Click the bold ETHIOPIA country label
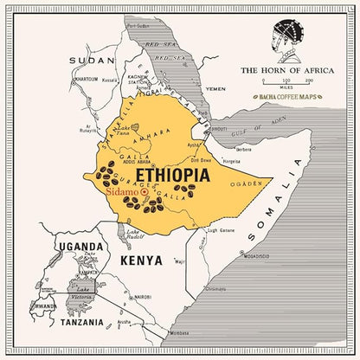pos(170,175)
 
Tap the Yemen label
pos(215,89)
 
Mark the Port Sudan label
pos(138,25)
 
